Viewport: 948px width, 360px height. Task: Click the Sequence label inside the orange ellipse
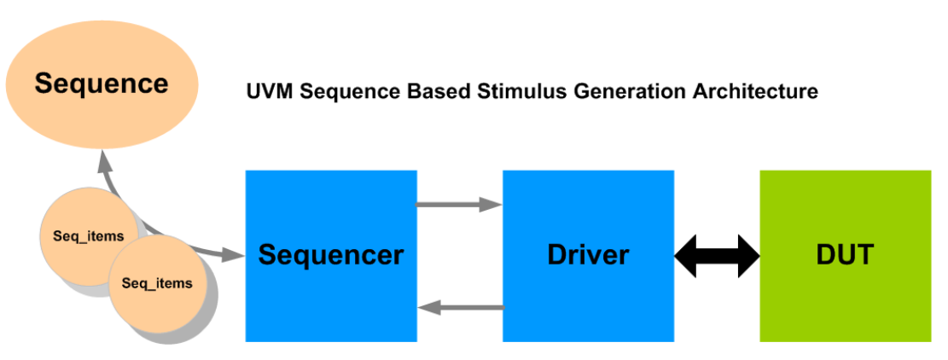(x=102, y=84)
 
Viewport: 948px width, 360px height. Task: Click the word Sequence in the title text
(x=340, y=90)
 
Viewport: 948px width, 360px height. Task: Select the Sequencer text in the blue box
(x=331, y=254)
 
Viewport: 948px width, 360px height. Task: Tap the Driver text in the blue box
(x=588, y=254)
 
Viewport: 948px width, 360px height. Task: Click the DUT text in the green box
(x=845, y=254)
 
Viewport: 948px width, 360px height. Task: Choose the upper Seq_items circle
(x=82, y=235)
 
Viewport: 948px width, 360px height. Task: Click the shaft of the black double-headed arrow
(x=717, y=255)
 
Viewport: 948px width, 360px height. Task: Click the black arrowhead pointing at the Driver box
(x=686, y=255)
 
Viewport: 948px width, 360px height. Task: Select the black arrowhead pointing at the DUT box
(x=748, y=255)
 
